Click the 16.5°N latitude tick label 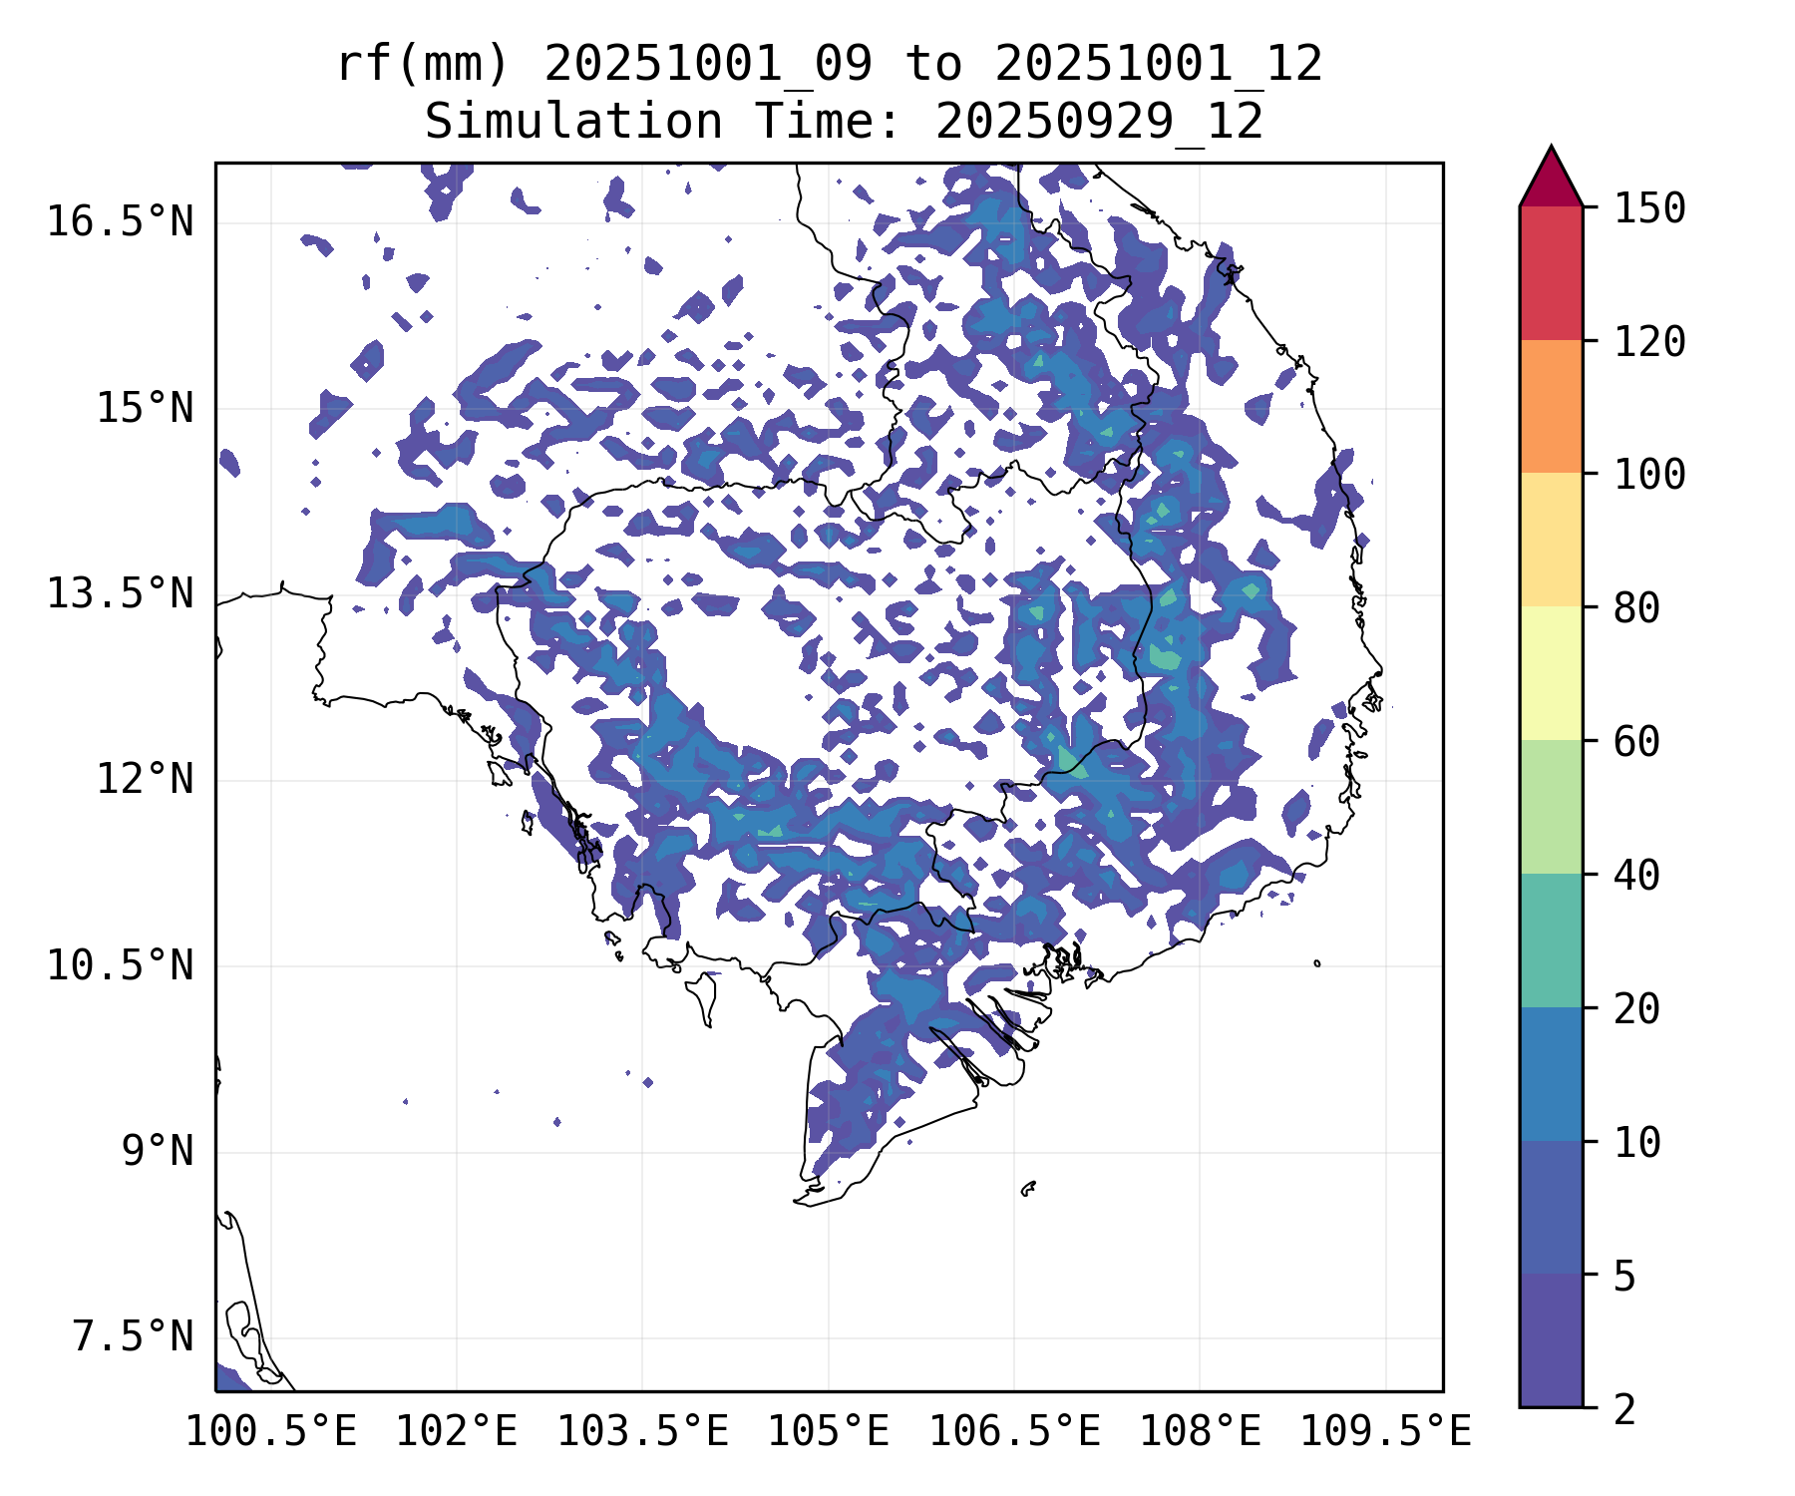pos(120,221)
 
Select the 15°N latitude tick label pos(145,408)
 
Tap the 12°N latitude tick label pos(145,779)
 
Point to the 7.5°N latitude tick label pos(133,1336)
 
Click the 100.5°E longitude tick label pos(271,1431)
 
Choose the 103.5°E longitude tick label pos(642,1431)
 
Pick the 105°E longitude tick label pos(828,1431)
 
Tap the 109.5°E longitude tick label pos(1385,1431)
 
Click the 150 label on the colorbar pos(1649,208)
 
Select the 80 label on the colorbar pos(1636,607)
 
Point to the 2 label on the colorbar pos(1624,1409)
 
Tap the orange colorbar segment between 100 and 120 pos(1551,406)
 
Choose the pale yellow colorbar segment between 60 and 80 pos(1551,673)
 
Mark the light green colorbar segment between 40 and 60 pos(1551,806)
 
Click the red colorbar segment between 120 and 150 pos(1551,273)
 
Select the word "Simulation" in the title pos(573,123)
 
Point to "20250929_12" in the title pos(1099,123)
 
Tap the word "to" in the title pos(933,65)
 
